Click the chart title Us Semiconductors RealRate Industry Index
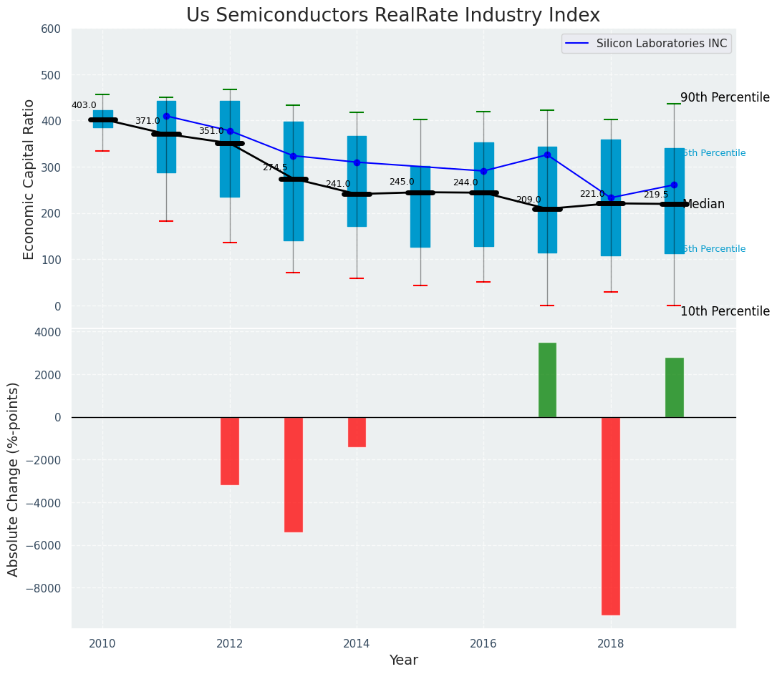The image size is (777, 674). (392, 16)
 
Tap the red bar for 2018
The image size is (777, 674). (610, 515)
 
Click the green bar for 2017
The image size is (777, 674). (547, 380)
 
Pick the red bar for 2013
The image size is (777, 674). (293, 474)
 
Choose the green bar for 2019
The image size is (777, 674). (674, 387)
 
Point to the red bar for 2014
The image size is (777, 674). (357, 431)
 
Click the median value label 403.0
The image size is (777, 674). (84, 106)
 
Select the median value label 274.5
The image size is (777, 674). (274, 167)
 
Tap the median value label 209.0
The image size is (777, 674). (529, 200)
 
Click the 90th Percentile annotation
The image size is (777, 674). (725, 98)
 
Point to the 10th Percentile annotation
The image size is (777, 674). (725, 312)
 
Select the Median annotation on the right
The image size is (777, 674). (705, 205)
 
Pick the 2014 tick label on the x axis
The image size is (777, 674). (357, 643)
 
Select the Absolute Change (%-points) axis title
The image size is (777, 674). (14, 479)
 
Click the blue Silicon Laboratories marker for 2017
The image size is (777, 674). (547, 155)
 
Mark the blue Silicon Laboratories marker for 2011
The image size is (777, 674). (166, 116)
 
